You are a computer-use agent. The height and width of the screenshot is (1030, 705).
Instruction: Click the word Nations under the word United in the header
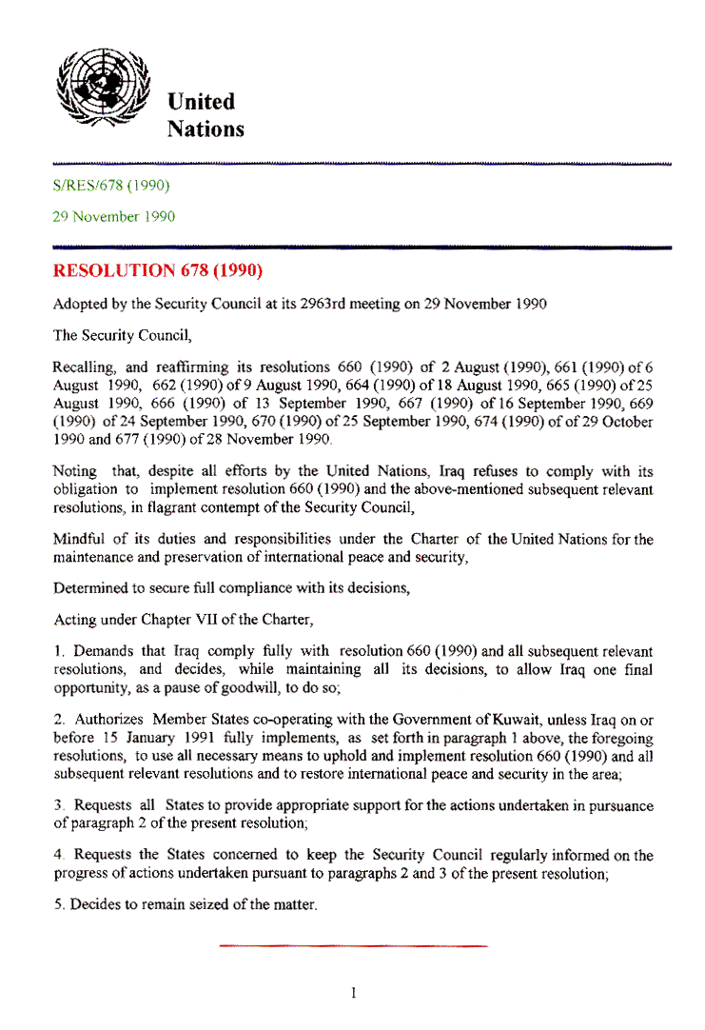[x=206, y=129]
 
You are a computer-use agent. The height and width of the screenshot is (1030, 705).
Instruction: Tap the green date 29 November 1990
[x=113, y=217]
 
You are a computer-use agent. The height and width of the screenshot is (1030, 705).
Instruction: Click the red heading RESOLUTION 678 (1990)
[x=157, y=270]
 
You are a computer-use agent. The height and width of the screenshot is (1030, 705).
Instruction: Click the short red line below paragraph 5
[x=353, y=945]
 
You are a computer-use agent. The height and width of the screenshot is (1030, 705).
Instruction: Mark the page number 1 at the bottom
[x=353, y=994]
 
